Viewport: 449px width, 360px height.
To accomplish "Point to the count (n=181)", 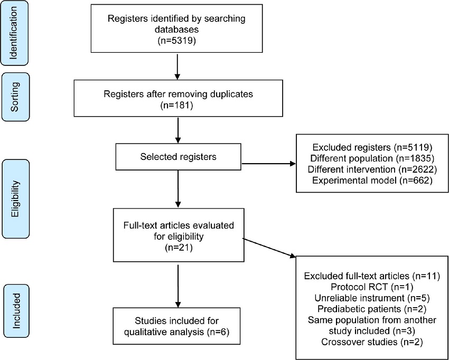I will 177,106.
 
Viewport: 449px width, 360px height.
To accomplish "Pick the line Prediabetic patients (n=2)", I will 372,308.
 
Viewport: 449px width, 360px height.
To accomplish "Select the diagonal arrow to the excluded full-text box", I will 268,249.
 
